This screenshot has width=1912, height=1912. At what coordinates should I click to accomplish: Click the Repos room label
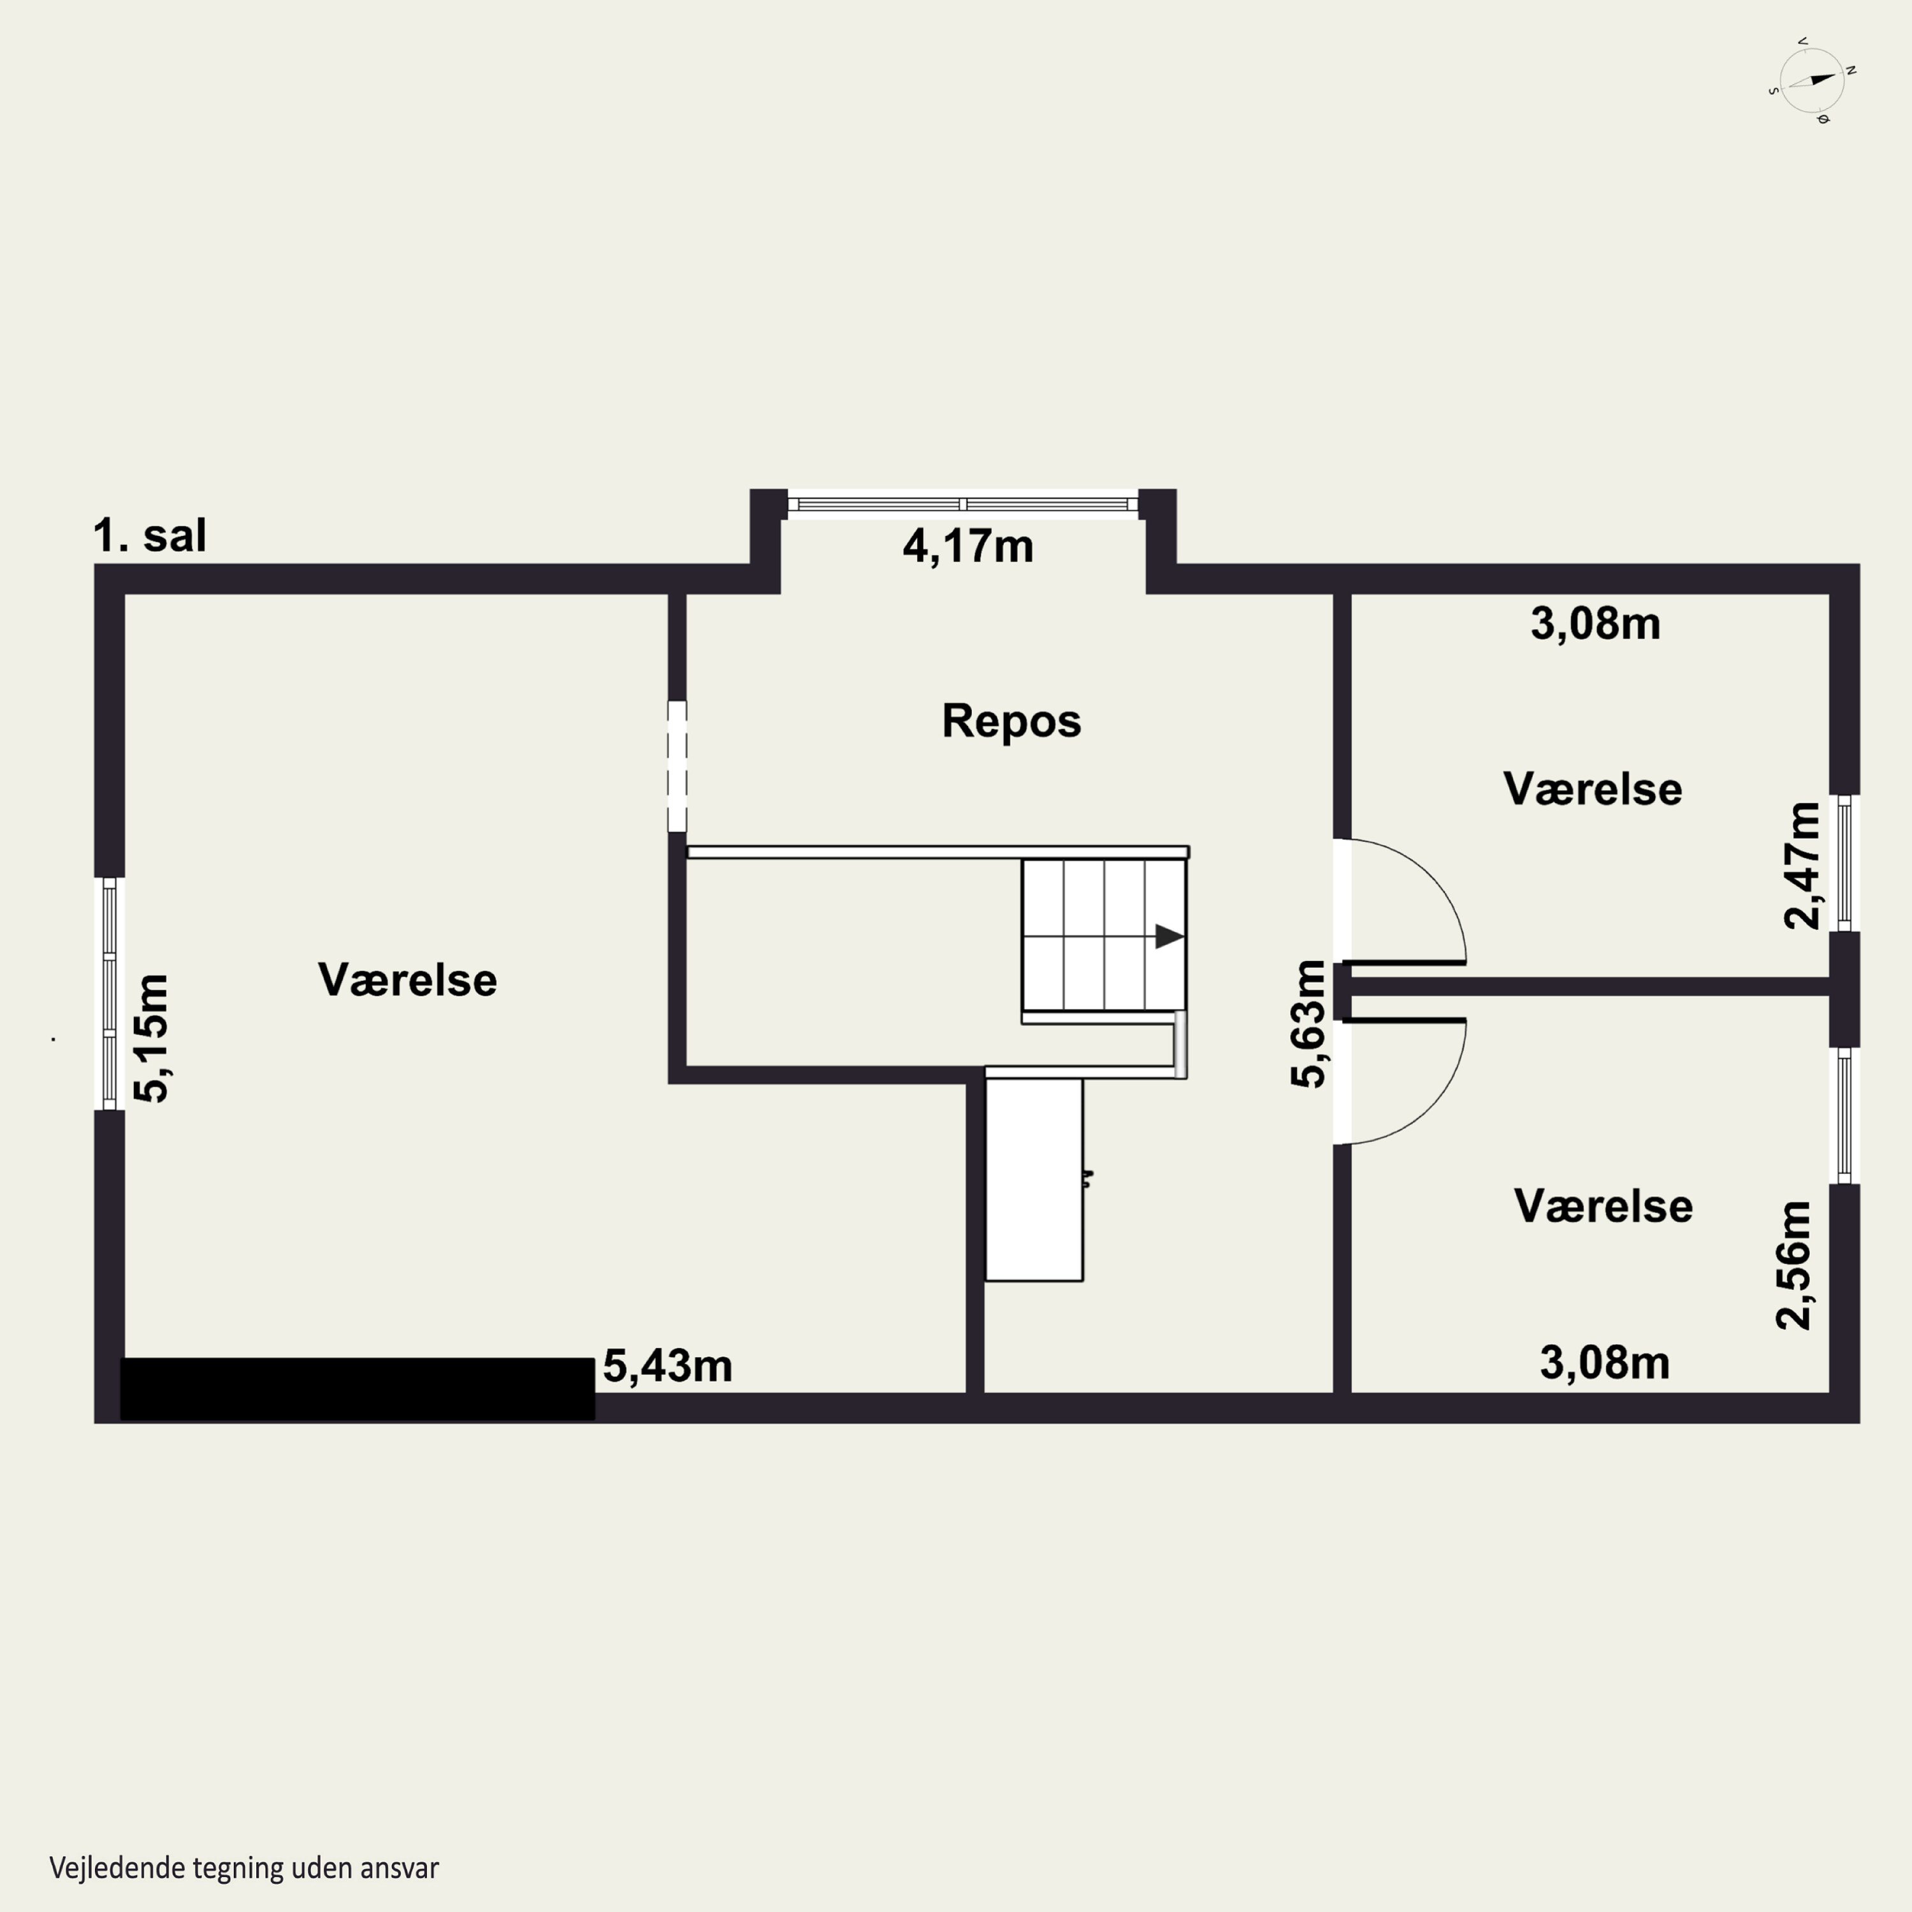click(1011, 721)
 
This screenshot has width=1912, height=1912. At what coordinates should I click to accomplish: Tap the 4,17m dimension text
click(968, 546)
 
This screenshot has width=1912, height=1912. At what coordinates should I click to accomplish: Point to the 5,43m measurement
click(667, 1366)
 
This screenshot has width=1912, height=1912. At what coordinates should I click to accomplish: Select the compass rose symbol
click(1811, 80)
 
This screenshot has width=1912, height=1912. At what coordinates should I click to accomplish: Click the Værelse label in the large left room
click(408, 980)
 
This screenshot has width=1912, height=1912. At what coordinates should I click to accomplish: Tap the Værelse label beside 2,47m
click(1592, 789)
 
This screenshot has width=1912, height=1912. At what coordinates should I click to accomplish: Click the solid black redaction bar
click(358, 1389)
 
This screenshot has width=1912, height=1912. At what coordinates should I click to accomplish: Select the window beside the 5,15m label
click(110, 994)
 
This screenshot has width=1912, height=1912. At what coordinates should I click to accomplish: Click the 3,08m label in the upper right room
click(1595, 623)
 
